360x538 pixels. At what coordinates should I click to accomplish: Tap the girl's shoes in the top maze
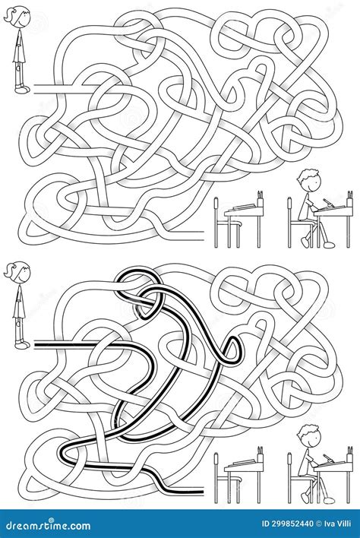click(x=22, y=90)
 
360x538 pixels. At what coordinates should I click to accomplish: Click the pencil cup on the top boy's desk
click(x=350, y=197)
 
